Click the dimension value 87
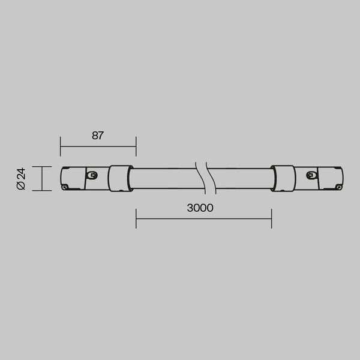point(98,135)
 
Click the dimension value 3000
point(200,208)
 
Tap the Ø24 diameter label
point(20,179)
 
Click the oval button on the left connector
point(92,175)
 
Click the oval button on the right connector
point(310,175)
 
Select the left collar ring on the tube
point(120,179)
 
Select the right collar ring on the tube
point(282,179)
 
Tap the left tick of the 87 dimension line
point(61,146)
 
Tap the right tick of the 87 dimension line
point(136,146)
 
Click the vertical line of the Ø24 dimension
point(41,179)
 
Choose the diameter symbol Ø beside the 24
point(20,187)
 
